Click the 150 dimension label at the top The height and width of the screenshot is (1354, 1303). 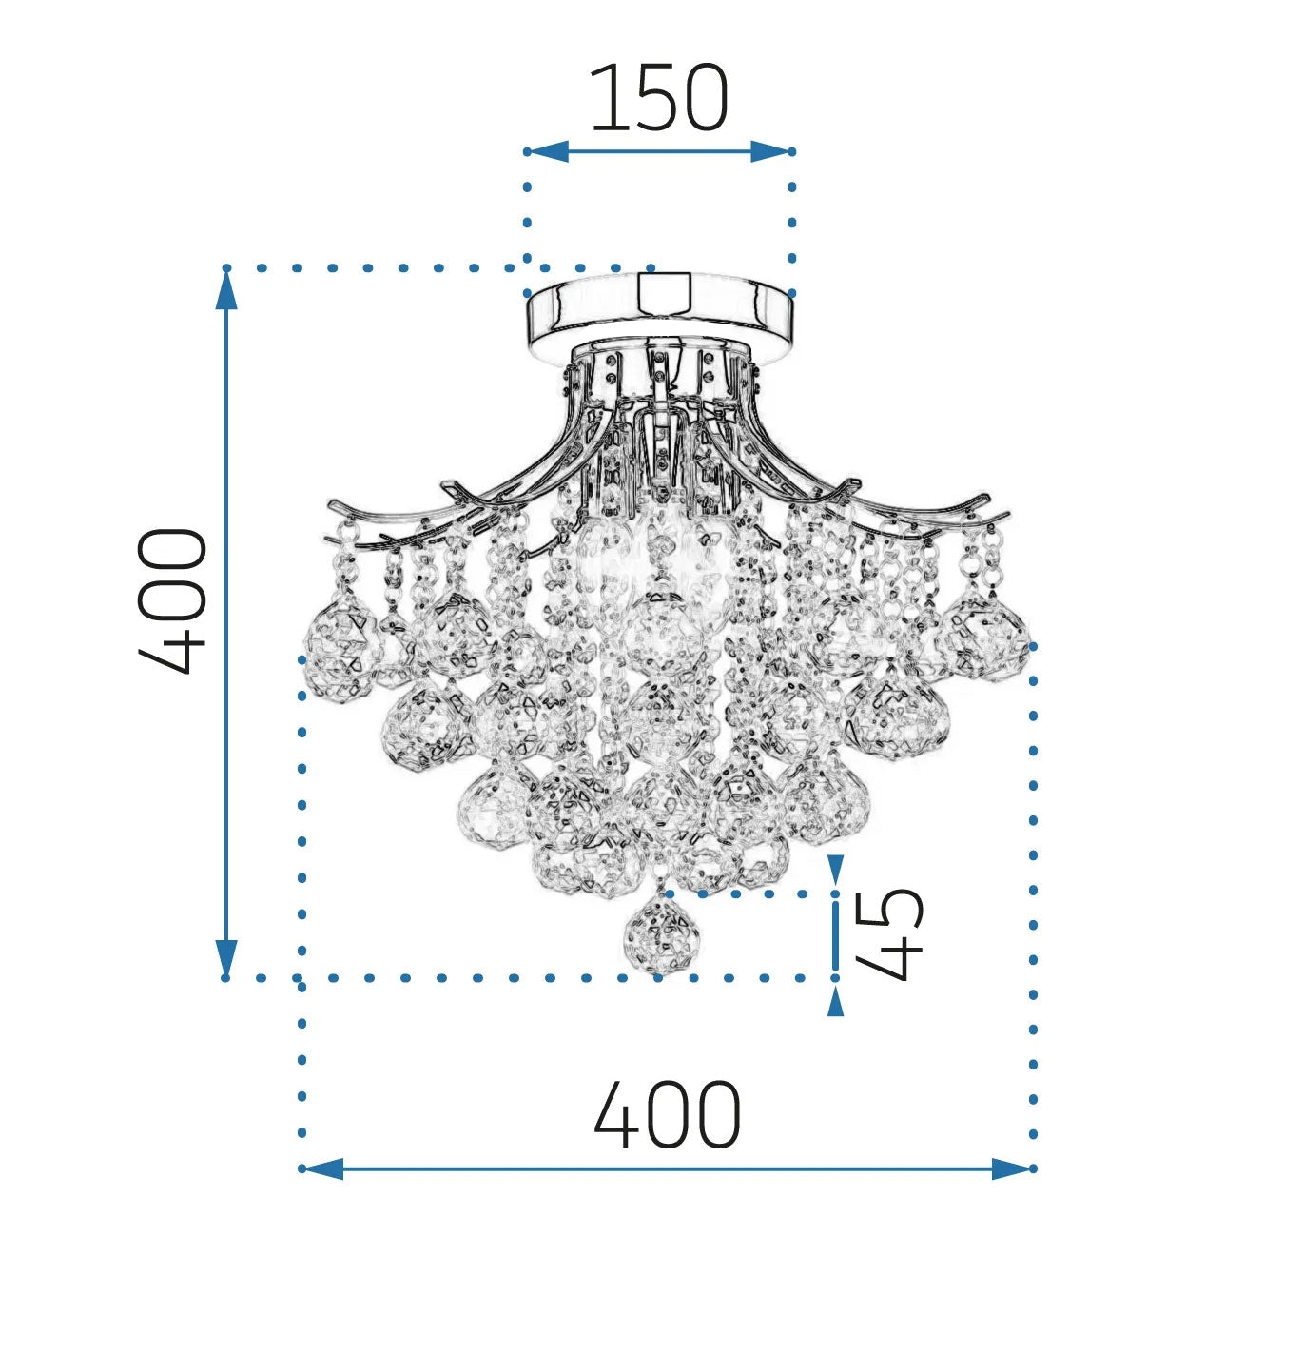(659, 99)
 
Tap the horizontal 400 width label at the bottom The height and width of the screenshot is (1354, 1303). (667, 1114)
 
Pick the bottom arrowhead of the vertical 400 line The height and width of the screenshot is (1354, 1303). (226, 956)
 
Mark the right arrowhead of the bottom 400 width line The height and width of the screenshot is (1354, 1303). (1012, 1168)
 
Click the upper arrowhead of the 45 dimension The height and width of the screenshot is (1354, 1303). (835, 868)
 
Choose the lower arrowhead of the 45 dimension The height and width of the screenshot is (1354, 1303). (835, 1001)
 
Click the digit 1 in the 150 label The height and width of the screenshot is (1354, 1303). (604, 99)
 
